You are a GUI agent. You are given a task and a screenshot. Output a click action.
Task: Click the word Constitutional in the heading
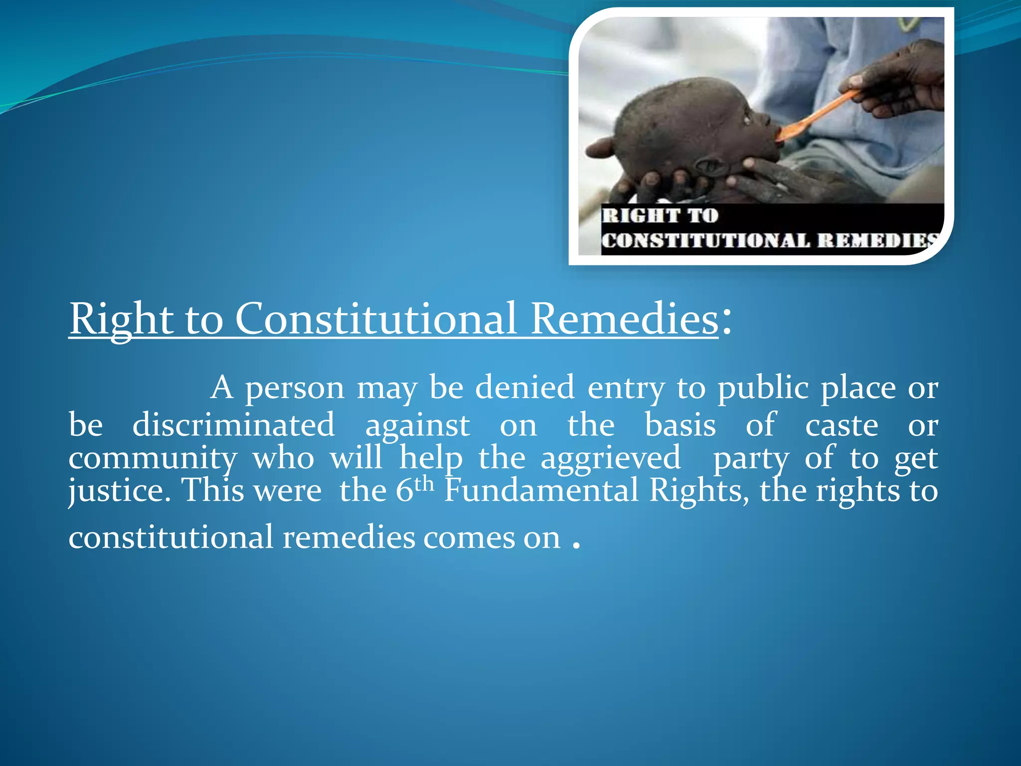(375, 319)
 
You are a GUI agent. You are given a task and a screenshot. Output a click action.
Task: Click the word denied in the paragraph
(524, 387)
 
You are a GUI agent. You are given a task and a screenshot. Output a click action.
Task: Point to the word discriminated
(233, 425)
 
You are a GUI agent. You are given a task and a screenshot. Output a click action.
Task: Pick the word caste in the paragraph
(842, 426)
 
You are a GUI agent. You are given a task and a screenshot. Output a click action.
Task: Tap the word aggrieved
(611, 459)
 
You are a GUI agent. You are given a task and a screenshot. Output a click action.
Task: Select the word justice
(116, 491)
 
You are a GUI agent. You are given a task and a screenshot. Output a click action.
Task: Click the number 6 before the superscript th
(404, 491)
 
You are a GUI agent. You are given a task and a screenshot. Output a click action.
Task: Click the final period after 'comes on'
(576, 546)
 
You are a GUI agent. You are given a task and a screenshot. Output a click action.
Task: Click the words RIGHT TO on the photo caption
(660, 216)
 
